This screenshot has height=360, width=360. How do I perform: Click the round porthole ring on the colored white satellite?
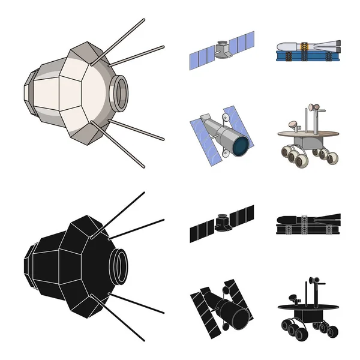121,89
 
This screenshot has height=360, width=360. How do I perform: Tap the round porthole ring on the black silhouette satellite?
121,263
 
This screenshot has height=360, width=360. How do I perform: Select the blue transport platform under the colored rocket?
306,58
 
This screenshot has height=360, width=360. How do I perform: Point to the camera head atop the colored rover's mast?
311,108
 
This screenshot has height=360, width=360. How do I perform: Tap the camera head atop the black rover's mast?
312,280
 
